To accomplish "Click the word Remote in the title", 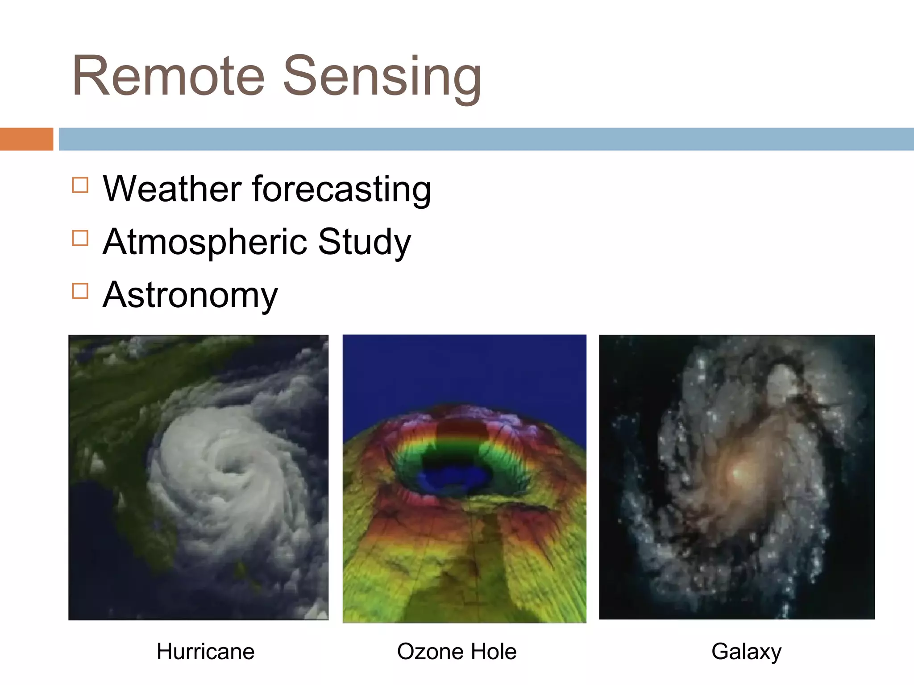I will tap(169, 76).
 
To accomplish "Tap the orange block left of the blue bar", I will tap(26, 139).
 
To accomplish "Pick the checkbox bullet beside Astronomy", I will tap(80, 291).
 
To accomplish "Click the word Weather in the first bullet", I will tap(172, 189).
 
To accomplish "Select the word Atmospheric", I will tap(205, 242).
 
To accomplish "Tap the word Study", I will tap(364, 242).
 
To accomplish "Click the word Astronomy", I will tap(190, 295).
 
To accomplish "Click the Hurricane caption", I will tap(205, 652).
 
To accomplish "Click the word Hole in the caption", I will tap(495, 652).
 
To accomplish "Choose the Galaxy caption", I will tap(746, 652).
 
